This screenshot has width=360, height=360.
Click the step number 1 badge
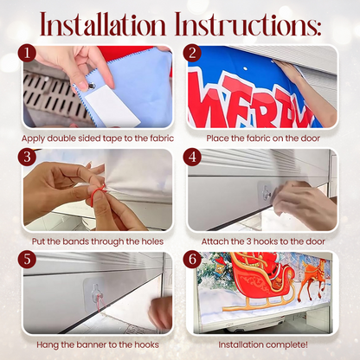pyautogui.click(x=27, y=54)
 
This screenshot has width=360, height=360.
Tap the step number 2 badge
pyautogui.click(x=192, y=54)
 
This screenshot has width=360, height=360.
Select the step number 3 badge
pyautogui.click(x=27, y=157)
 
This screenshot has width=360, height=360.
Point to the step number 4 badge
pyautogui.click(x=192, y=157)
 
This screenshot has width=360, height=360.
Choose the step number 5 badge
pyautogui.click(x=27, y=260)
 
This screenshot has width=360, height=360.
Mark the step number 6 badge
pyautogui.click(x=192, y=260)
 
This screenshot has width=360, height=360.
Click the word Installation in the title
pyautogui.click(x=103, y=24)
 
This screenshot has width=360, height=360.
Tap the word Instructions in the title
pyautogui.click(x=247, y=24)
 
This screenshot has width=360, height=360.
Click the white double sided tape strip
pyautogui.click(x=113, y=108)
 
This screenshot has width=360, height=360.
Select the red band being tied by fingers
pyautogui.click(x=96, y=193)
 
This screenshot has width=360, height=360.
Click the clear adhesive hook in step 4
pyautogui.click(x=267, y=191)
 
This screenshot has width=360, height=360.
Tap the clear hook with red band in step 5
pyautogui.click(x=95, y=295)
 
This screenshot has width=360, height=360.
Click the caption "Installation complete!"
pyautogui.click(x=263, y=344)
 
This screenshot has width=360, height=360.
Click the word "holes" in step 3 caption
pyautogui.click(x=152, y=241)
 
